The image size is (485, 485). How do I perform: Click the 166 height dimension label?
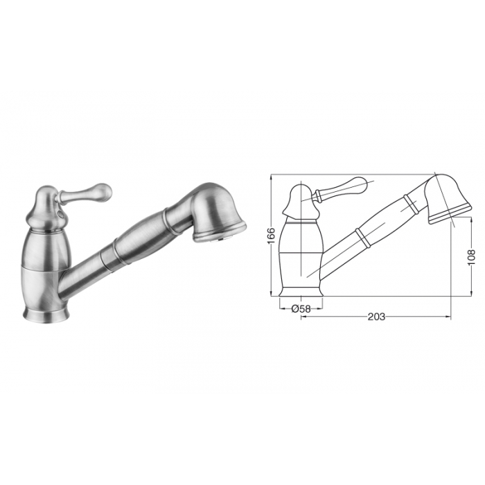(271, 236)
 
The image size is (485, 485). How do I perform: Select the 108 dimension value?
(471, 257)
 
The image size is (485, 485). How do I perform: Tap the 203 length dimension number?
(376, 317)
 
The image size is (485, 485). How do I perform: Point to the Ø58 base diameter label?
(301, 308)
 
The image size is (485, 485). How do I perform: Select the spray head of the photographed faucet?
(216, 213)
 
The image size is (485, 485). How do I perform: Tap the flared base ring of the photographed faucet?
(46, 314)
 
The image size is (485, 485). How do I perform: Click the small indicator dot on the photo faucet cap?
(60, 213)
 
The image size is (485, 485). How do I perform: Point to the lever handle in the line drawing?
(339, 188)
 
